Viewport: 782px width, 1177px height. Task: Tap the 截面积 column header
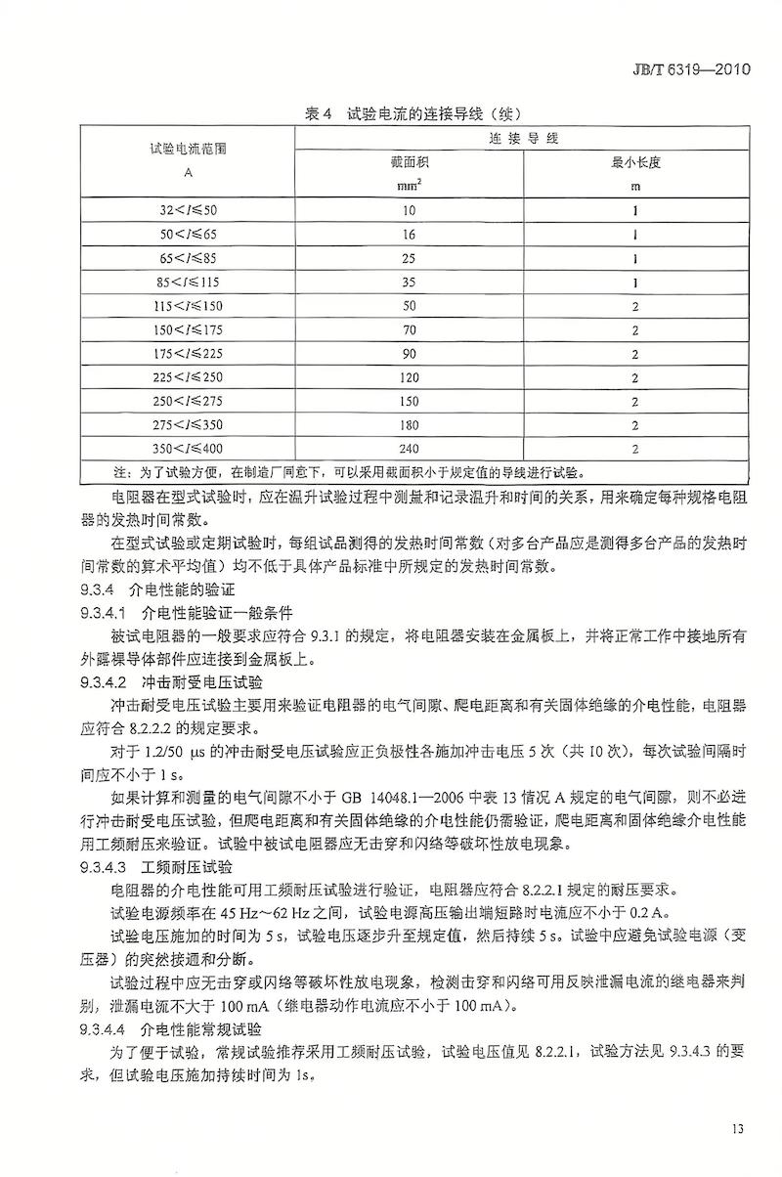coord(409,162)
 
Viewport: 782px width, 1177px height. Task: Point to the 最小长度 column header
coord(635,162)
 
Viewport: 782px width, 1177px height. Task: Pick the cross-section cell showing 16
coord(409,235)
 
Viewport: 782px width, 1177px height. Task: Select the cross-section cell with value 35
coord(409,282)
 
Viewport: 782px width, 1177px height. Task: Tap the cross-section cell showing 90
coord(409,354)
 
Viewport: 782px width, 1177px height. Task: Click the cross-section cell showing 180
coord(409,425)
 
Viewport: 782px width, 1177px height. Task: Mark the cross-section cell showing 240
coord(409,449)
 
